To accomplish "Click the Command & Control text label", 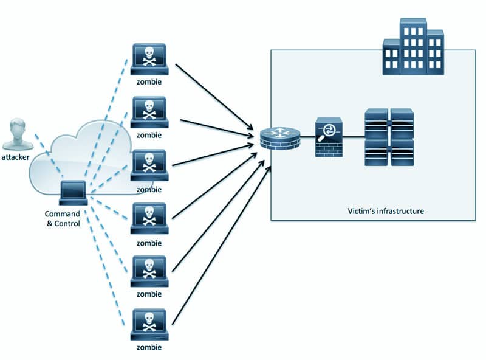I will tap(63, 219).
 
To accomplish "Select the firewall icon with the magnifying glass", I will tap(329, 137).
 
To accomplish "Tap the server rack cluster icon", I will tap(388, 137).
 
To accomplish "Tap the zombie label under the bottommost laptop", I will tap(149, 348).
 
